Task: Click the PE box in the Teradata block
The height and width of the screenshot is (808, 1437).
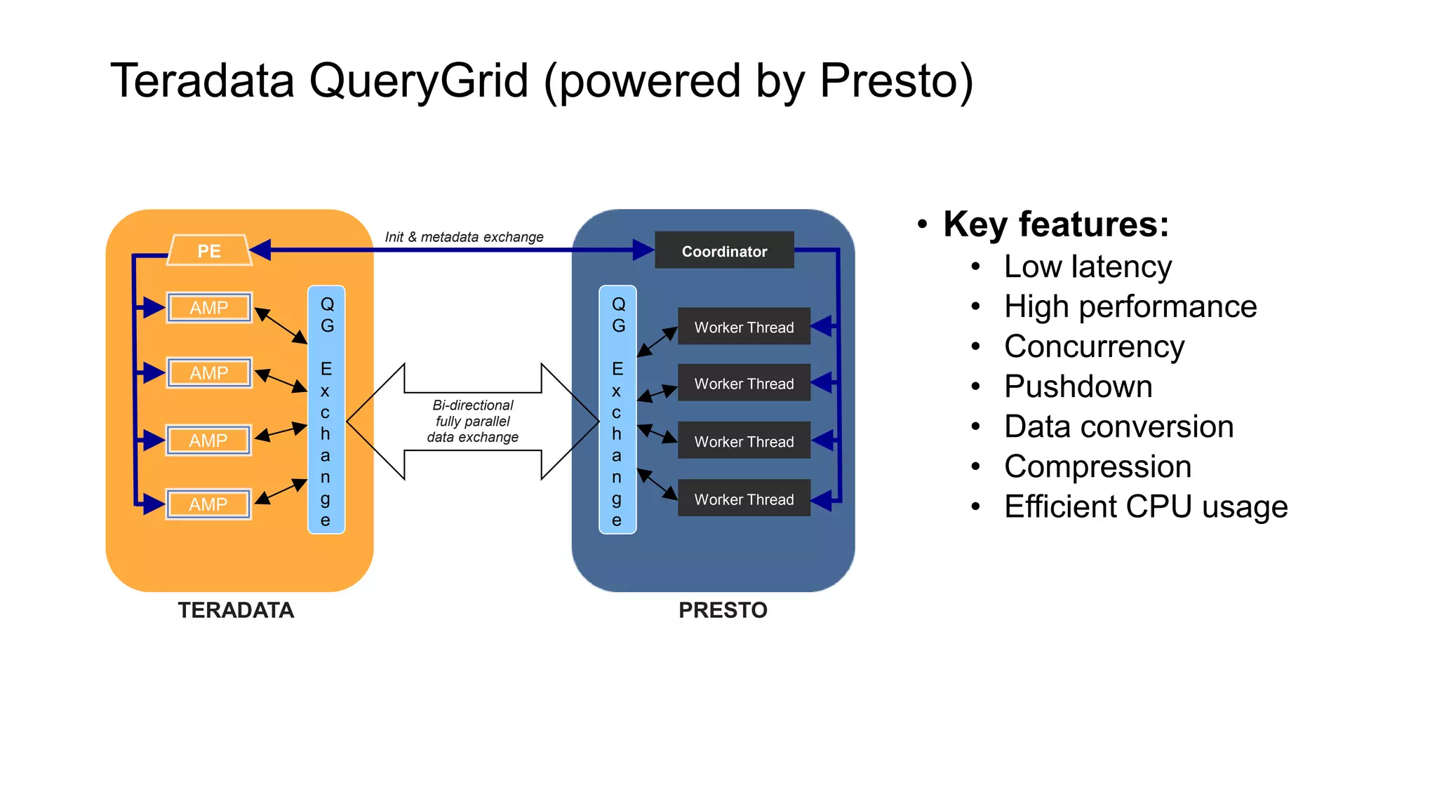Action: click(x=209, y=250)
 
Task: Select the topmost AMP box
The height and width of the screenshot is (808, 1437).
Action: click(x=209, y=308)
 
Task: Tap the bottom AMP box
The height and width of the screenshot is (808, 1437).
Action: click(x=208, y=504)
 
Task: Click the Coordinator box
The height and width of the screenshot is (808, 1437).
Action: click(x=724, y=251)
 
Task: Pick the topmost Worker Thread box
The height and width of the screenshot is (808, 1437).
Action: click(x=744, y=327)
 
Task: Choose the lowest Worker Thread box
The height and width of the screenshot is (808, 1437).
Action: click(x=744, y=499)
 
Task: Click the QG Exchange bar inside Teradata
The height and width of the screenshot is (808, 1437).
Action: click(x=326, y=410)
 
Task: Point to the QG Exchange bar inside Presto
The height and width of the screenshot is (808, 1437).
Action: click(x=617, y=410)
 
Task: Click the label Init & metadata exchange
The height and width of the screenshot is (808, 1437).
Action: click(x=464, y=237)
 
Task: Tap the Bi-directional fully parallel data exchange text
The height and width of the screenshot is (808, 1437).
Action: click(x=473, y=421)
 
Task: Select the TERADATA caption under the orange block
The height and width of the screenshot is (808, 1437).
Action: click(x=236, y=610)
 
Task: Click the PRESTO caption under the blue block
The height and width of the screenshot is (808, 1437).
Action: click(x=723, y=610)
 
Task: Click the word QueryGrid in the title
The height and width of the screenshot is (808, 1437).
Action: click(x=418, y=81)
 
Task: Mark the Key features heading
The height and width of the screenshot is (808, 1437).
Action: click(x=1055, y=225)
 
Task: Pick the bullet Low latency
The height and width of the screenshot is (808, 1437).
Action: click(x=1088, y=267)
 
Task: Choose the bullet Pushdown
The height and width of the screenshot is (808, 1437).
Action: click(x=1078, y=387)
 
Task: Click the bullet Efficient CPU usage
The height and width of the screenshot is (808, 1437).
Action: click(x=1145, y=507)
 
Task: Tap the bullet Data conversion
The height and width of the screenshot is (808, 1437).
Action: click(x=1118, y=427)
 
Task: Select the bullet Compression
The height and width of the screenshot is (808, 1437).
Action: click(x=1097, y=467)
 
